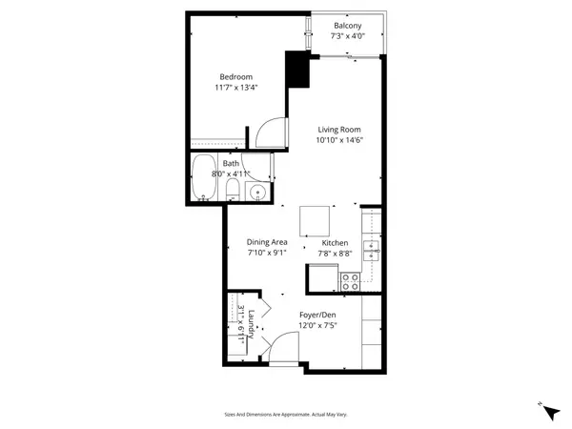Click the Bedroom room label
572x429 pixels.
(x=235, y=77)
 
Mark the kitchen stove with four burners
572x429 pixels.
(x=350, y=281)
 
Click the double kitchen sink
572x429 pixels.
(x=374, y=252)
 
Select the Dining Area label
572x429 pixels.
(x=267, y=242)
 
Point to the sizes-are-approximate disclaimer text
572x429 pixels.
(x=285, y=414)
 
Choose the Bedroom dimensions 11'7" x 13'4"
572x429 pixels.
(x=235, y=88)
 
